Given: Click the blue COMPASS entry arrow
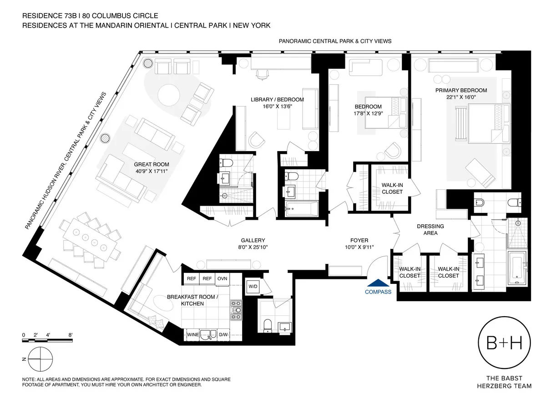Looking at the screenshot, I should [x=378, y=283].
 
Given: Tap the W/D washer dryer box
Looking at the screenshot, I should [x=252, y=286].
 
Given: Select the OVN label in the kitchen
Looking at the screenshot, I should [x=222, y=279].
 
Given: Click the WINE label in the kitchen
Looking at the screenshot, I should [x=193, y=336].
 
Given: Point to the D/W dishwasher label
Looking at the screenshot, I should [x=223, y=336].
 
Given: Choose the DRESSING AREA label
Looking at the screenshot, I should [x=430, y=230].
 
